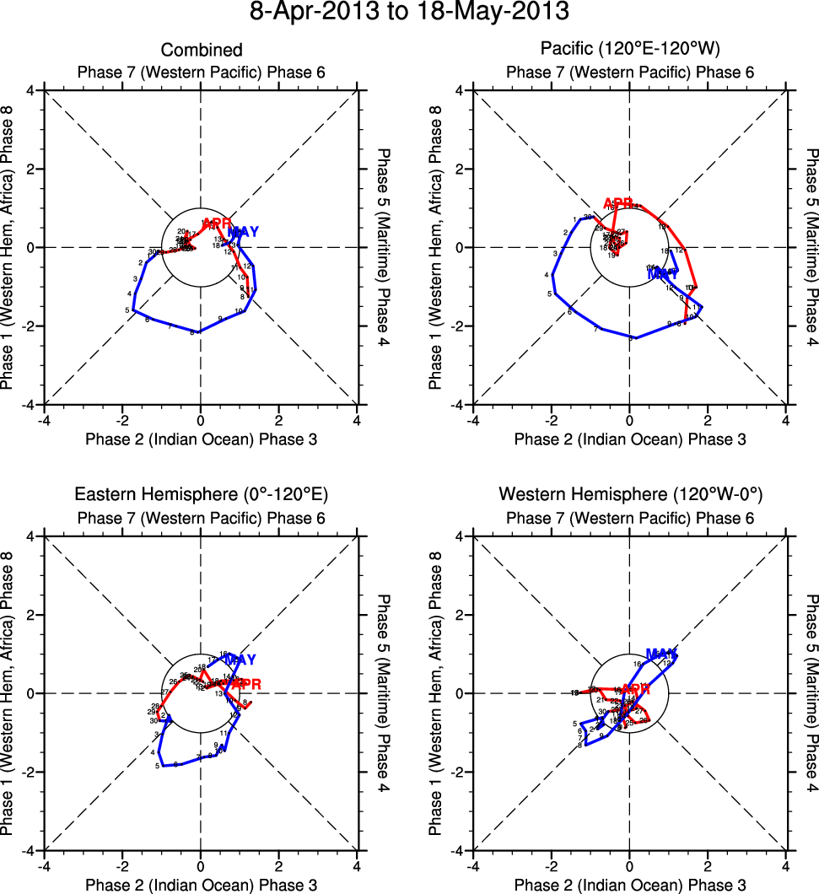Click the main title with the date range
tap(410, 13)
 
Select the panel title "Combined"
tap(202, 51)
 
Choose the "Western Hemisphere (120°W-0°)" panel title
tap(629, 494)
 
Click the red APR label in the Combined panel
tap(217, 223)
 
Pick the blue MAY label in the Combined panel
tap(244, 232)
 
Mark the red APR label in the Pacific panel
tap(618, 203)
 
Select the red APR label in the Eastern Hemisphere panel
tap(246, 683)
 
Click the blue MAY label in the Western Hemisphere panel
tap(661, 654)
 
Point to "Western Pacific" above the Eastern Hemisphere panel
tap(201, 518)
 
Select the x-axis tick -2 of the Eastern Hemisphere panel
tap(122, 865)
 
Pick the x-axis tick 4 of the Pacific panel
tap(785, 420)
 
